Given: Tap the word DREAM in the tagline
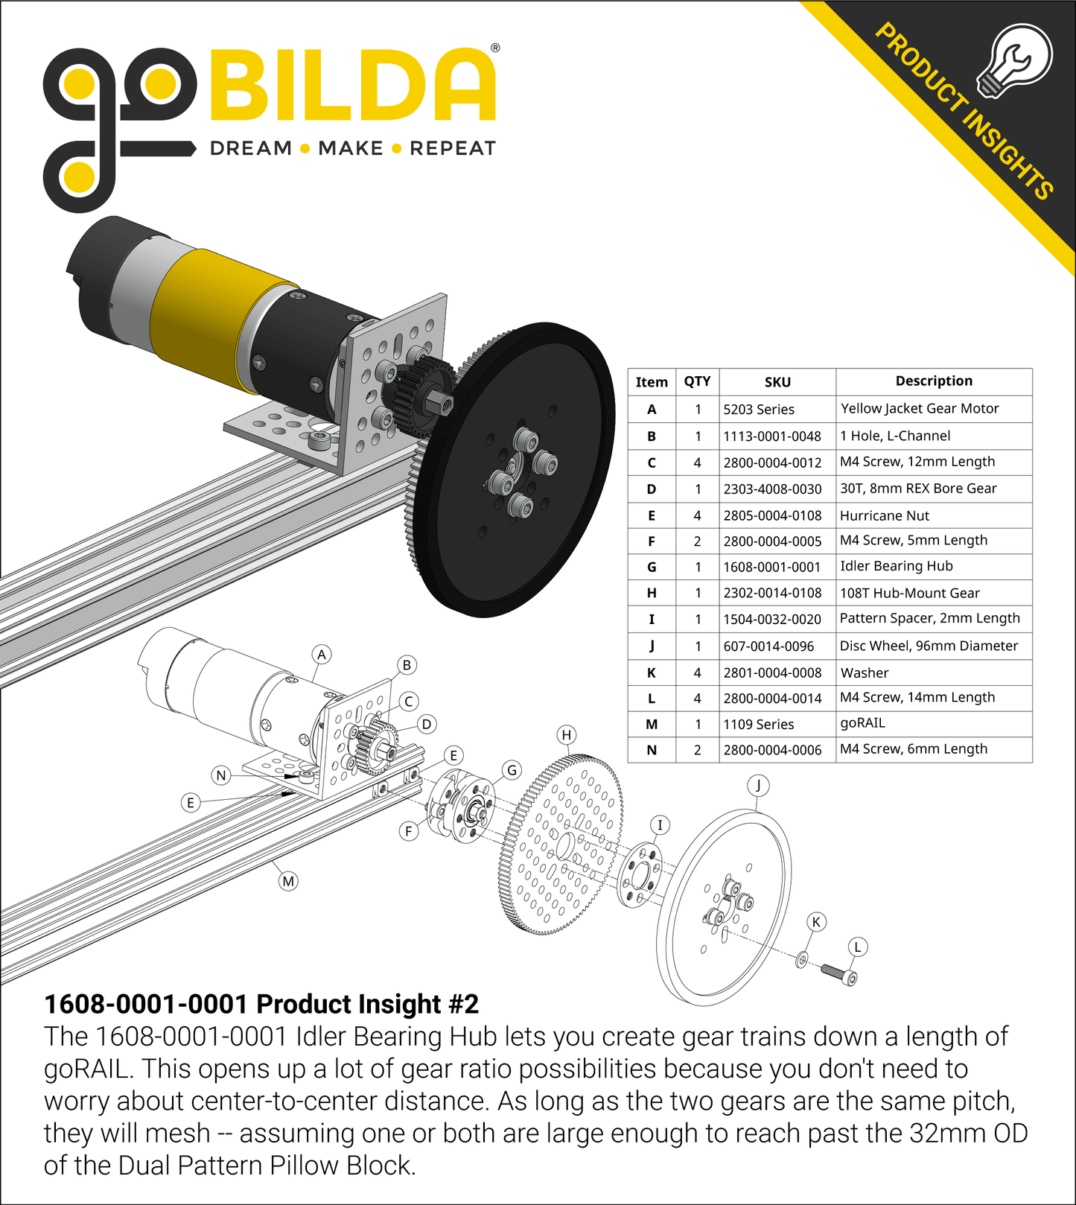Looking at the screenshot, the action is coord(251,148).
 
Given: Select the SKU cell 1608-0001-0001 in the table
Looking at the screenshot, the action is coord(772,567).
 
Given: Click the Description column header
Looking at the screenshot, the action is coord(934,381).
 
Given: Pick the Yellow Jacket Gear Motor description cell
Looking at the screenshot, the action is coord(920,409).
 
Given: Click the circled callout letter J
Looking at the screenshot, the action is coord(758,785).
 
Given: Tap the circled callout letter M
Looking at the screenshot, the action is coord(288,882).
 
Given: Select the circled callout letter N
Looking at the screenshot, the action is coord(220,776).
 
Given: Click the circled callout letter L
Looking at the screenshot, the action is coord(858,947).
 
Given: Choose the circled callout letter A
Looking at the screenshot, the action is coord(322,655).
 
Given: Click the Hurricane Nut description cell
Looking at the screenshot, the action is coord(885,516).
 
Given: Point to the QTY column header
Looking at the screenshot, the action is coord(697,382).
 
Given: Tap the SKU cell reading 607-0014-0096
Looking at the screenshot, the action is coord(768,646).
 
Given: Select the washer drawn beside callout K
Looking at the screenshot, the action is coord(802,959).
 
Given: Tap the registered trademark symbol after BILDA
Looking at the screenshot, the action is coord(495,48).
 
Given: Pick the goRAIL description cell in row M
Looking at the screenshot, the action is coord(862,724).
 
